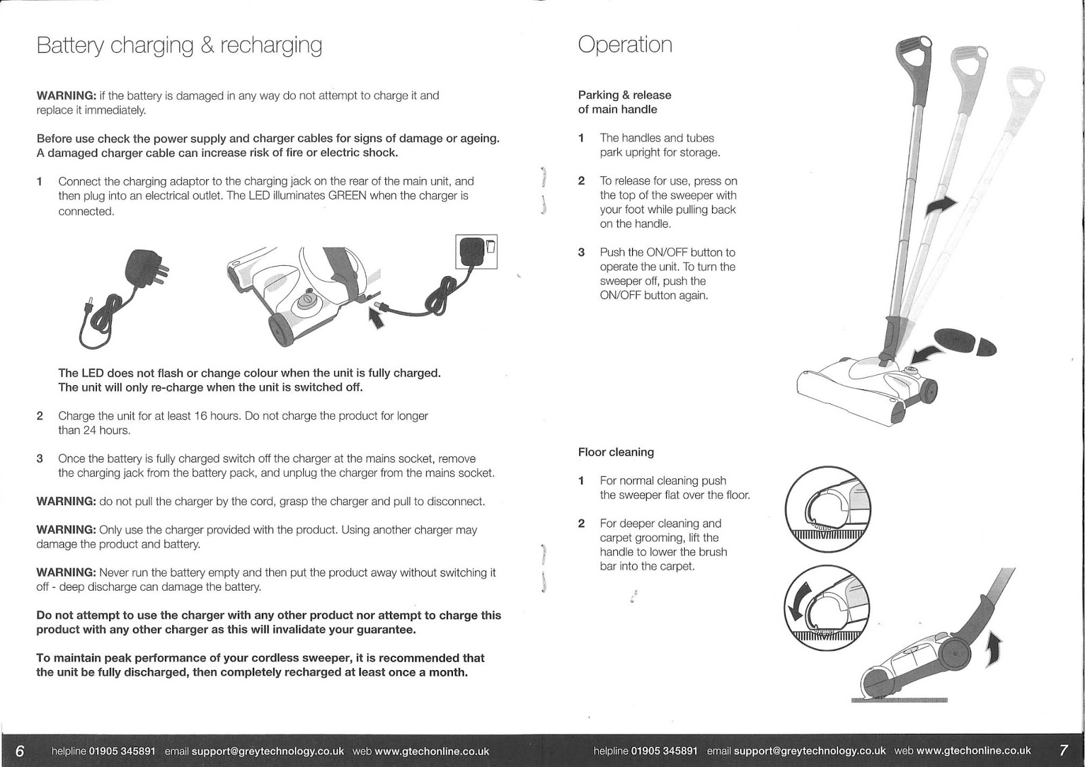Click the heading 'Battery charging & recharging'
coord(179,45)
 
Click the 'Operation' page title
coord(625,45)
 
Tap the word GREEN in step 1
coord(348,196)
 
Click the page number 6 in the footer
coord(20,751)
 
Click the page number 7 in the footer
coord(1063,751)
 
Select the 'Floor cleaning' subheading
coord(616,452)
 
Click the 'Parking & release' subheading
coord(624,96)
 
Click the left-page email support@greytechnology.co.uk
coord(268,751)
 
